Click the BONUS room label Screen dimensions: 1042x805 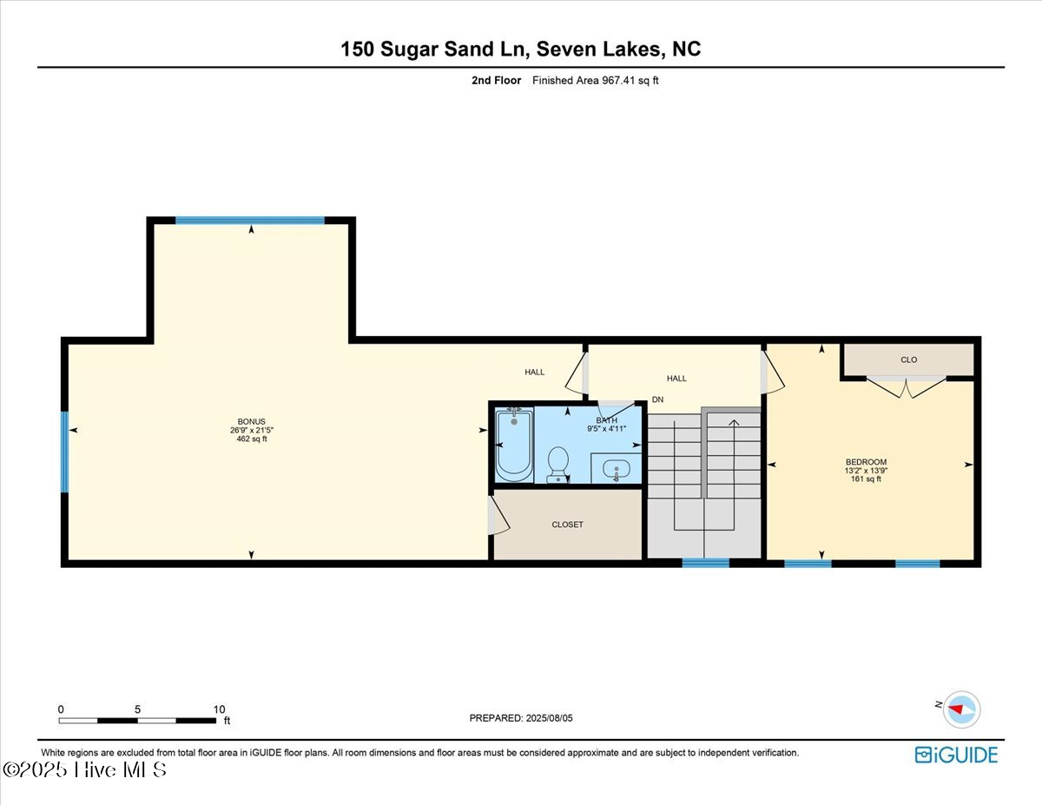click(x=251, y=422)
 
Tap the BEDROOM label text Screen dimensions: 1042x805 click(x=866, y=462)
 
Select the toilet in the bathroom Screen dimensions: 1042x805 click(x=557, y=465)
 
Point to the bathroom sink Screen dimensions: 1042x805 click(x=617, y=469)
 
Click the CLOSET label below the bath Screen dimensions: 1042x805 click(x=567, y=525)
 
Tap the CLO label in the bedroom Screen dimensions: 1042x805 click(x=908, y=360)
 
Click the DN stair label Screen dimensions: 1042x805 click(x=657, y=399)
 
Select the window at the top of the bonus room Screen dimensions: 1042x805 click(x=250, y=221)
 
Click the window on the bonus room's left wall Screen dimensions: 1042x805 click(x=64, y=452)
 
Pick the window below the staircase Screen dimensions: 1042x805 click(x=705, y=564)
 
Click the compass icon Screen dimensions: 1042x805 click(x=961, y=709)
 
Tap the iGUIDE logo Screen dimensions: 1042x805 click(x=956, y=756)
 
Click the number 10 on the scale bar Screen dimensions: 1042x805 click(x=219, y=709)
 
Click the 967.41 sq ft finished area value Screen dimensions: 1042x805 click(x=630, y=81)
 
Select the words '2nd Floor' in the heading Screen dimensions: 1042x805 click(x=496, y=81)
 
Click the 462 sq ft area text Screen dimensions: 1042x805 click(x=251, y=439)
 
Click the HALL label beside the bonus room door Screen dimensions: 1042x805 click(x=534, y=372)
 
